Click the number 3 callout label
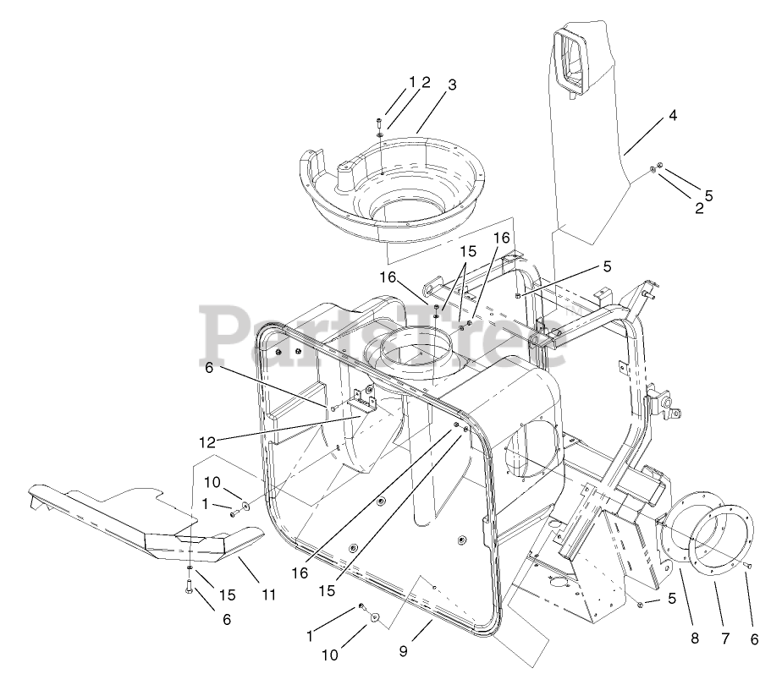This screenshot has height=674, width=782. click(453, 85)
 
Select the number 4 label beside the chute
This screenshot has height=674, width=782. click(673, 115)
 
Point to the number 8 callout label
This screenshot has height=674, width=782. click(695, 638)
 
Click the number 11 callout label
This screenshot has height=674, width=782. click(268, 595)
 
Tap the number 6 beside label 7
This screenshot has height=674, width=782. click(753, 638)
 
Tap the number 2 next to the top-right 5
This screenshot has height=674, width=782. click(699, 209)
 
